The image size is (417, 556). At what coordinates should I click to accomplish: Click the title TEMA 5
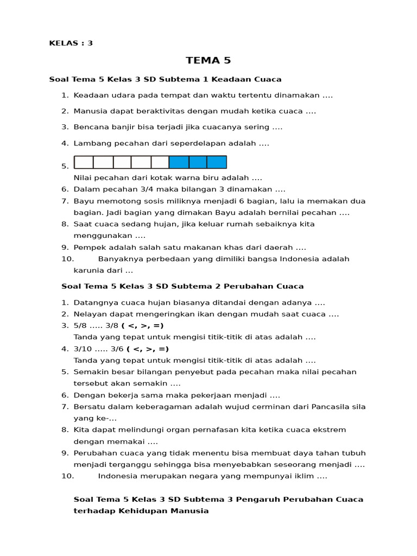(x=208, y=60)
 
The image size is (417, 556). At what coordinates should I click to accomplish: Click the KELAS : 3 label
(x=71, y=43)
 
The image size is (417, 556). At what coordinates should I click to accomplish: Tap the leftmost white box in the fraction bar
(x=84, y=162)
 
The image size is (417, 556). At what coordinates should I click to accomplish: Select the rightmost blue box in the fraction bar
(x=217, y=162)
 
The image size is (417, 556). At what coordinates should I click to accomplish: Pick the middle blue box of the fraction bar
(x=198, y=162)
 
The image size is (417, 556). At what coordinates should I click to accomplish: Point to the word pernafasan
(x=201, y=430)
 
